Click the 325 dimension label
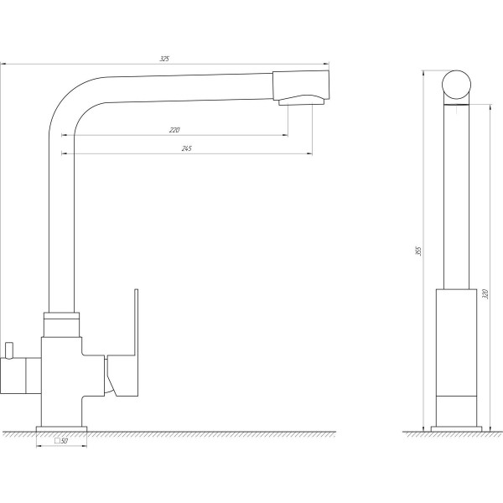coord(164,59)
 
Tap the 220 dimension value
coord(174,130)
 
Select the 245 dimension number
coord(186,148)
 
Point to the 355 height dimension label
coord(418,251)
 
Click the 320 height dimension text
coord(485,294)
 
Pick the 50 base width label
coord(65,441)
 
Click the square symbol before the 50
coord(57,440)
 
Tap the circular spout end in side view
coord(457,85)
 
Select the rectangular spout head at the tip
coord(301,84)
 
